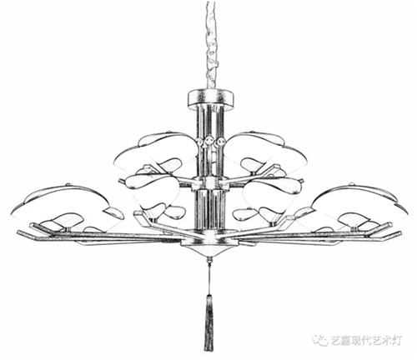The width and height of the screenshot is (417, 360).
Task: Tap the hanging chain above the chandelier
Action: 211,44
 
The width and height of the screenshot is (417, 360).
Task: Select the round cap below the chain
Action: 210,97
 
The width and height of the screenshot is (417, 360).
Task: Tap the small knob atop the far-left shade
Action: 68,184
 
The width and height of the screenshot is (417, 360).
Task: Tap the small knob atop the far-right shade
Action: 352,183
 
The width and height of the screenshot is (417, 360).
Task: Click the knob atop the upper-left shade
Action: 169,131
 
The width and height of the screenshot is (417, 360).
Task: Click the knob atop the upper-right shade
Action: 253,131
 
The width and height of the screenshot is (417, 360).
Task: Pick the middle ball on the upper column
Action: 209,142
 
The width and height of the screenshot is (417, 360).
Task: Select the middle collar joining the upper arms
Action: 210,183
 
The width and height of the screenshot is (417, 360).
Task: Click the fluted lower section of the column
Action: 210,210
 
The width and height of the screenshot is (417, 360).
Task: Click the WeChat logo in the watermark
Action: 320,339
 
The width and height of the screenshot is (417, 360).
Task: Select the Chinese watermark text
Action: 365,340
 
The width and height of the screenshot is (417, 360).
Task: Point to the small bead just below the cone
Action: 209,260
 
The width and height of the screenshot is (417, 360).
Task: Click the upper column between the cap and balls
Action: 210,122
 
